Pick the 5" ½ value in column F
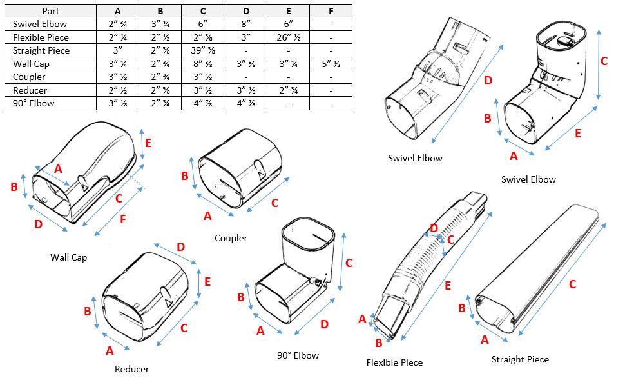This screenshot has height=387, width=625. pos(331,64)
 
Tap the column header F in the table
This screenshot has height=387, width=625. pos(331,10)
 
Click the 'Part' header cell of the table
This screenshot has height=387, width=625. pos(50,10)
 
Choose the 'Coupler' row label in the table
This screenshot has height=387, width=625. pos(29,77)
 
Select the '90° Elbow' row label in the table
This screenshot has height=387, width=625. pos(33,104)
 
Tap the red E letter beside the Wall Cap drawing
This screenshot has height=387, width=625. pos(148,143)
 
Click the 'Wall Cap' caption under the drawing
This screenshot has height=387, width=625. pos(68,257)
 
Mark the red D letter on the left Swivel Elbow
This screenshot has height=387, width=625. pos(488,81)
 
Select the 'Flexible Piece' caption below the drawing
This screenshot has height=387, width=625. pos(394,362)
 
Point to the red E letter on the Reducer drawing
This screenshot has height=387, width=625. pos(207,281)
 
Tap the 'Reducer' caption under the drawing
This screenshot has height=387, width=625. pos(131,369)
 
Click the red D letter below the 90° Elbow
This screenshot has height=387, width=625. pos(324,324)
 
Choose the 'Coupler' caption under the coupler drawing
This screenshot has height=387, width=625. pos(231,238)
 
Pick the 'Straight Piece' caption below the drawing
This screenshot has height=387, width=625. pos(520,359)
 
